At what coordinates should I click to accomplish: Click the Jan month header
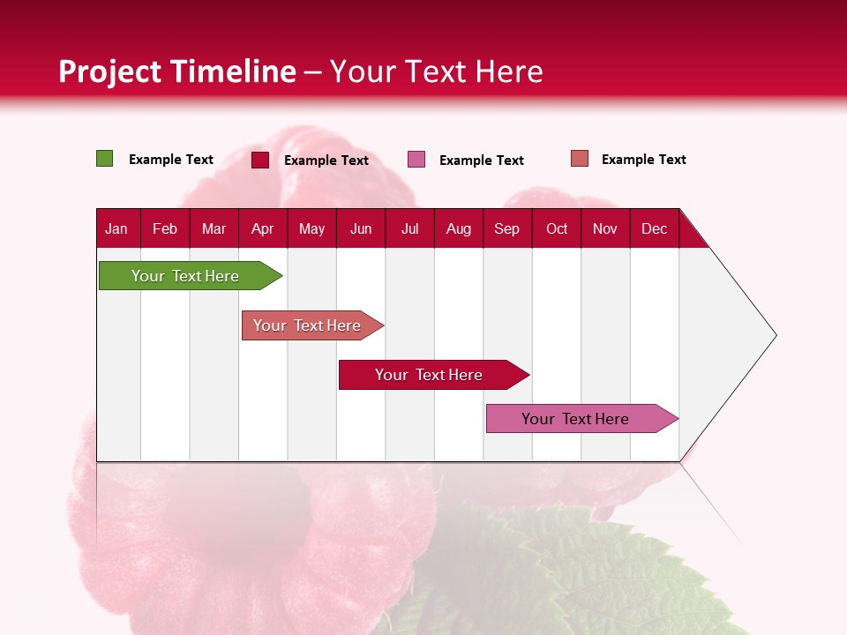[116, 228]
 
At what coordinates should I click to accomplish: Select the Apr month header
[262, 228]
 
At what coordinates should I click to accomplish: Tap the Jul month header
[409, 228]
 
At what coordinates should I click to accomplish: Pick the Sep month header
[506, 228]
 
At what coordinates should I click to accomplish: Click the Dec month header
[654, 228]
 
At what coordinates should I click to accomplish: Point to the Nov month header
[605, 228]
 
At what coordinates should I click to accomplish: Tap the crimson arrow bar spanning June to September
[430, 375]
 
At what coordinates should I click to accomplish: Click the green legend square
[104, 159]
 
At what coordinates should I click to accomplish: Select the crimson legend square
[259, 160]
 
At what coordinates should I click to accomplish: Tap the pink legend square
[416, 160]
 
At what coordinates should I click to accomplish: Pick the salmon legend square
[579, 159]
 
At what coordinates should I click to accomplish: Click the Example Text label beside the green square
[171, 160]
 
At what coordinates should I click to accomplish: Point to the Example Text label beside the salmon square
[643, 160]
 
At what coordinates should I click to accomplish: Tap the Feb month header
[165, 228]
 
